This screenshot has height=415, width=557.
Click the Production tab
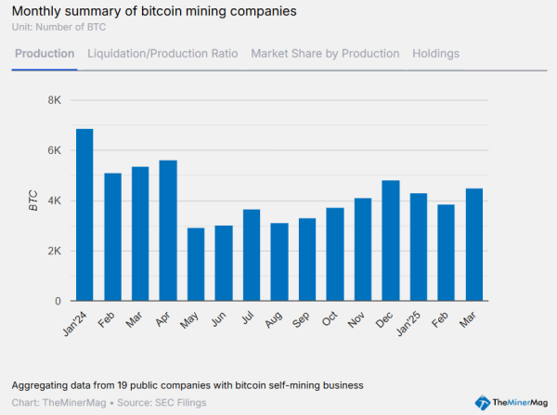[45, 54]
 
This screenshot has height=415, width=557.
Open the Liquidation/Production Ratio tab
[162, 54]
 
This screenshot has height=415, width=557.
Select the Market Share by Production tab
[325, 54]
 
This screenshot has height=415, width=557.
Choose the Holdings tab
[435, 54]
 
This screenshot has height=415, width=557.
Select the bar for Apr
[168, 231]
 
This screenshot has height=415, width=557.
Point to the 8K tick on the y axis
[53, 100]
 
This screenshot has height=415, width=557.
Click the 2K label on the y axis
[53, 252]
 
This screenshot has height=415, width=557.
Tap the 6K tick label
[53, 150]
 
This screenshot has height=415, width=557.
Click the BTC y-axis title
[32, 201]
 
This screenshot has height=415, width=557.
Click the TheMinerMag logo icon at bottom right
[483, 402]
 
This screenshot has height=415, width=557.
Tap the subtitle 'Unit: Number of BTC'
[59, 27]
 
